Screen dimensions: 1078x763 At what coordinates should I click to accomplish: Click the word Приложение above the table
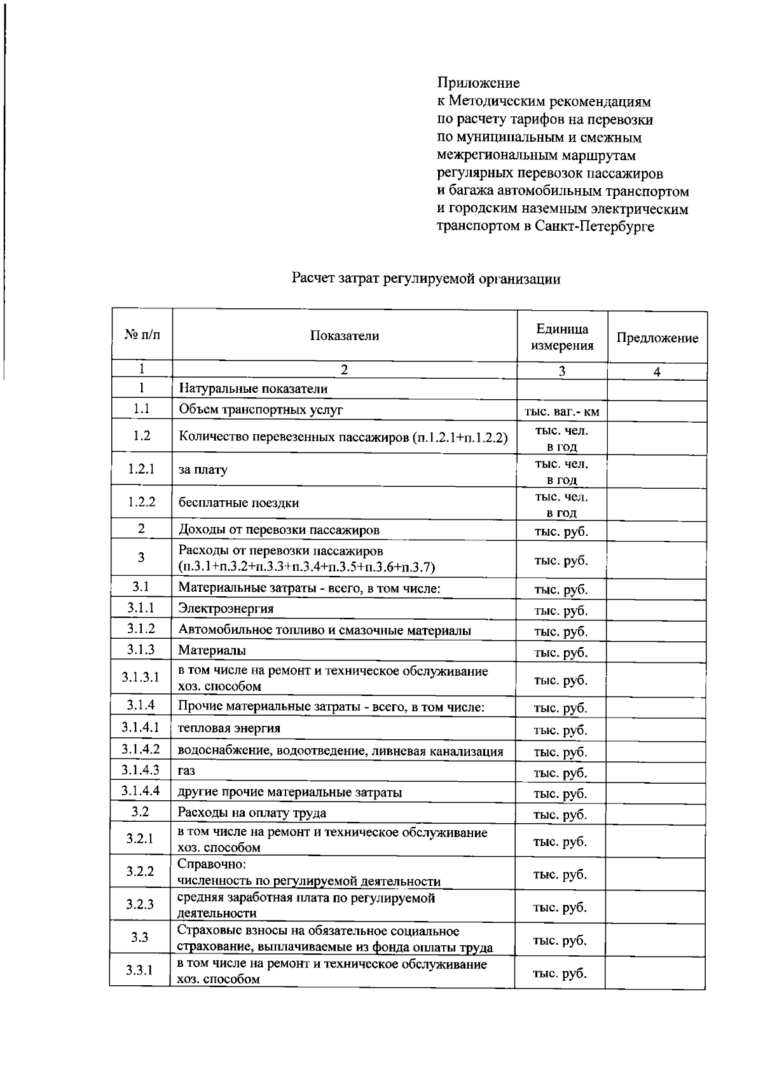[478, 83]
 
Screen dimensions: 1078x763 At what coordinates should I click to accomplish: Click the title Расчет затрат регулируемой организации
[426, 278]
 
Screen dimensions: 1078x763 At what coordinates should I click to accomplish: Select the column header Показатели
[344, 336]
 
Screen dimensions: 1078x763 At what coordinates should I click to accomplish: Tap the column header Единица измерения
[562, 337]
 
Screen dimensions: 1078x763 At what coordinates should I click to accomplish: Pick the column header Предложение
[657, 338]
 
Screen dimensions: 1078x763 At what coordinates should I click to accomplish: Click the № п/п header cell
[142, 335]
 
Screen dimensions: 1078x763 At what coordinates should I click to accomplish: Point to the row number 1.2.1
[141, 469]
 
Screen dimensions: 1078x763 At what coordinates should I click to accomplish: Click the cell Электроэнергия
[226, 608]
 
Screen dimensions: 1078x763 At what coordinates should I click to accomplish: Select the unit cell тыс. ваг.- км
[561, 411]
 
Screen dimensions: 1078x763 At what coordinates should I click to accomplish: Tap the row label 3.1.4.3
[141, 770]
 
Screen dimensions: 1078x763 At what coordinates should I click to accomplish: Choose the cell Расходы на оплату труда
[252, 812]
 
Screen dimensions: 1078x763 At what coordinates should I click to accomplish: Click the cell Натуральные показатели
[252, 388]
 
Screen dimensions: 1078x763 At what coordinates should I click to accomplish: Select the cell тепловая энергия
[229, 728]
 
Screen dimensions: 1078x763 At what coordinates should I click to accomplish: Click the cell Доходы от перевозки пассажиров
[278, 529]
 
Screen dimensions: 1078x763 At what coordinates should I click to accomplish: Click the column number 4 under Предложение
[657, 372]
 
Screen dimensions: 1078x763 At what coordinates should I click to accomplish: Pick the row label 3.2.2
[140, 871]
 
